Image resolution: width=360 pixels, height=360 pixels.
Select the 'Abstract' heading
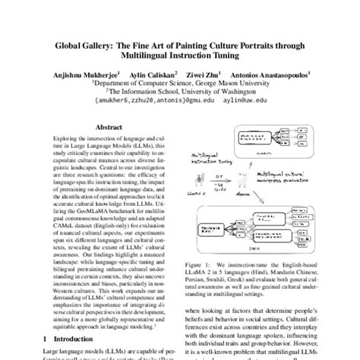point(111,128)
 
